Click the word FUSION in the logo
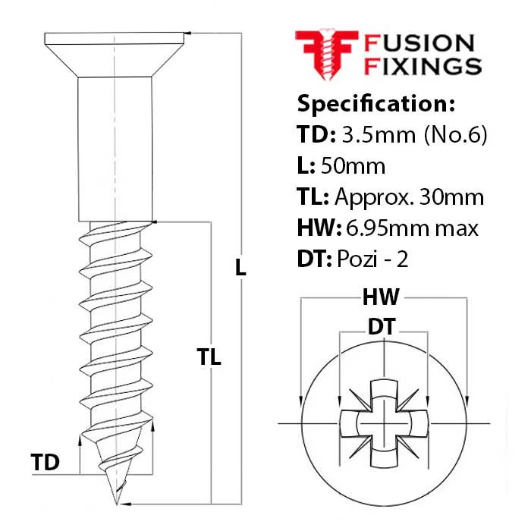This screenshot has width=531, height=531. coord(419,43)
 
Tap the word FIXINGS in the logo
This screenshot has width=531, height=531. coord(423,66)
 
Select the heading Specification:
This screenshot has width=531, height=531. coord(376,104)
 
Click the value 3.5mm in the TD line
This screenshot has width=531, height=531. coord(379,134)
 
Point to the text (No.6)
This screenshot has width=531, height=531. coord(455,135)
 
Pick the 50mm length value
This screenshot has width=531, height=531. coord(353,166)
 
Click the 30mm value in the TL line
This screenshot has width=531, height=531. coord(451,197)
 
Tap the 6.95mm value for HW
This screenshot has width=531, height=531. coord(387,228)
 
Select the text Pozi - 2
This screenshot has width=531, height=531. coord(372,259)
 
